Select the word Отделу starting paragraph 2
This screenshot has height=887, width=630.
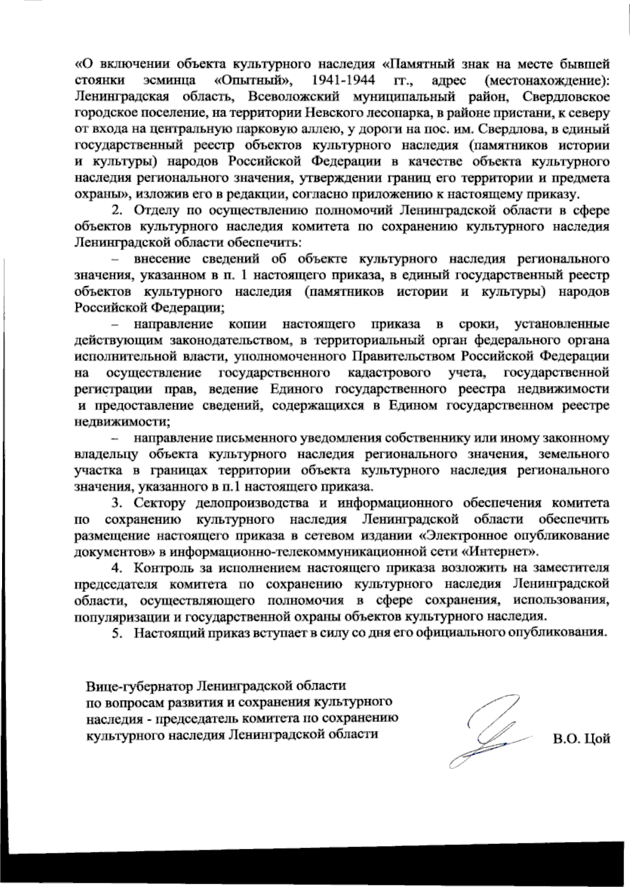pos(153,211)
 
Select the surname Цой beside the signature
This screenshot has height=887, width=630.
pos(596,739)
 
